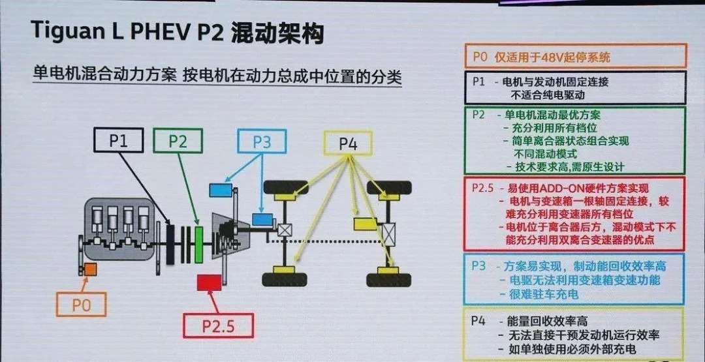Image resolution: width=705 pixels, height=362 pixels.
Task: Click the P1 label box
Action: (119, 140)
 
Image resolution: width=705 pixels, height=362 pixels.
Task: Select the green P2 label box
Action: (178, 140)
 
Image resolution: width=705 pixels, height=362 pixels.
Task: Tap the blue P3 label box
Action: (261, 142)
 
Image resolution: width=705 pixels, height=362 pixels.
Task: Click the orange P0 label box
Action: (82, 304)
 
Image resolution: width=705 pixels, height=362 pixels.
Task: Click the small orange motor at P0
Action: (89, 269)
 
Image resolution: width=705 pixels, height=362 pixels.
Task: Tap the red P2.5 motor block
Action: (210, 282)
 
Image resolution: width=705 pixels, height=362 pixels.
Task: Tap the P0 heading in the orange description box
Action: (480, 57)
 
